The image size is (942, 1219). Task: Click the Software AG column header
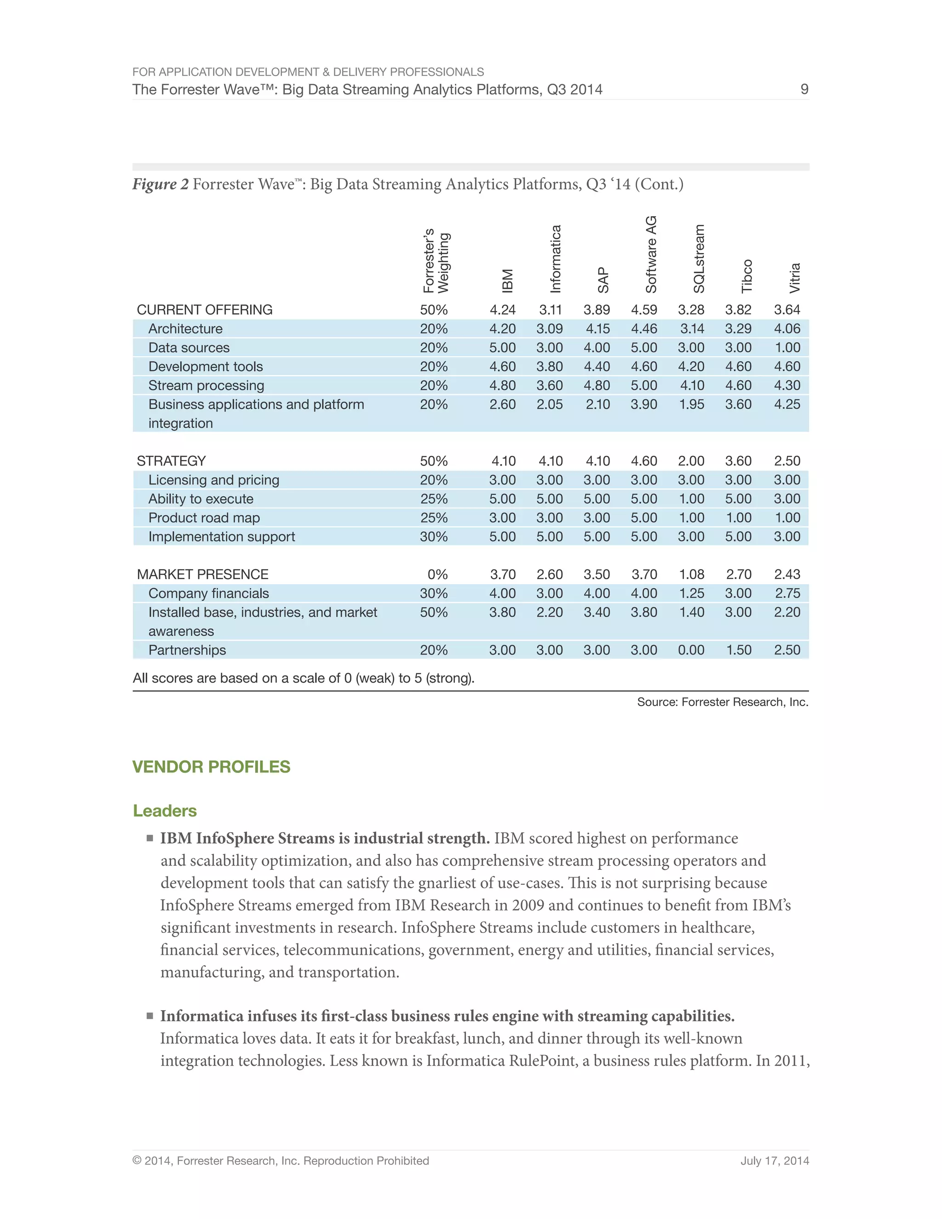[x=651, y=254]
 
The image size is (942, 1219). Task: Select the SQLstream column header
[x=699, y=259]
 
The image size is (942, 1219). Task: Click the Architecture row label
[x=185, y=329]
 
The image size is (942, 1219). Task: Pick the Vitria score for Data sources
[x=787, y=348]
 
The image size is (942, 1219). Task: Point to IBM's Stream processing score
[x=502, y=385]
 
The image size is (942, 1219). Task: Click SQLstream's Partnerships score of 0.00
[x=691, y=650]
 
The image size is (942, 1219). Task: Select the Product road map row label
[x=204, y=518]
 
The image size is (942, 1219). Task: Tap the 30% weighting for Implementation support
[x=434, y=537]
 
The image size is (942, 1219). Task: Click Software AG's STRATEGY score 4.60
[x=643, y=461]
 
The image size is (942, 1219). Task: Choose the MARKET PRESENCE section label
[x=202, y=575]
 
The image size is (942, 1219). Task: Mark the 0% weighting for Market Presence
[x=437, y=575]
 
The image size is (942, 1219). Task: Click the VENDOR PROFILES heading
[x=211, y=767]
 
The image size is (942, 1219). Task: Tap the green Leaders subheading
[x=165, y=811]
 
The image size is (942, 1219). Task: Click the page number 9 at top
[x=804, y=89]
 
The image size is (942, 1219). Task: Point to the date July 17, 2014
[x=774, y=1161]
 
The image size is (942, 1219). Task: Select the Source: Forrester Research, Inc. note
[x=722, y=702]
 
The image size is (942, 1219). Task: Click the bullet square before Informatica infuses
[x=149, y=1016]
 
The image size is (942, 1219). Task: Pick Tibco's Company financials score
[x=738, y=593]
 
